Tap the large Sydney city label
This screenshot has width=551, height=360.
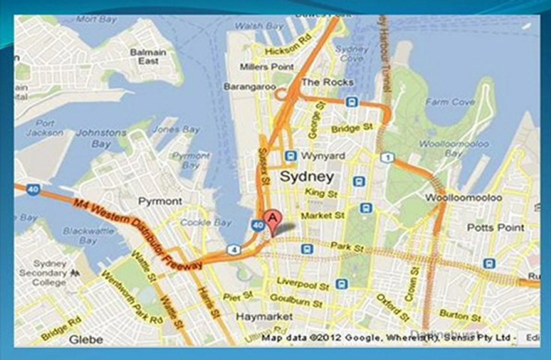[306, 176]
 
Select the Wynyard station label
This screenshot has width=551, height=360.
[322, 156]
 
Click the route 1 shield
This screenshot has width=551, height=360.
[386, 158]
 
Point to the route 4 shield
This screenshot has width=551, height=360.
[233, 249]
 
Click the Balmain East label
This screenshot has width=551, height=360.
[148, 56]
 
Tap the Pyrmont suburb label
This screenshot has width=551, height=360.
[160, 201]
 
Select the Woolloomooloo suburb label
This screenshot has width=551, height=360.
[463, 197]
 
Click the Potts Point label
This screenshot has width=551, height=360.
[495, 227]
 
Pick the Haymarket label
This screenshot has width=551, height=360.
[264, 316]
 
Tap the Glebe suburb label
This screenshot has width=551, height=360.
[85, 339]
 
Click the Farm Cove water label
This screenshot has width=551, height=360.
[450, 102]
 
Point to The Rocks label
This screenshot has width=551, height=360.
[327, 82]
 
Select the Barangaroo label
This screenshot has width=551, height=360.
[249, 86]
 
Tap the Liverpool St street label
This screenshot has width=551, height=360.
[303, 284]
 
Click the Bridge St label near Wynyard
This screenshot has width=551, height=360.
[352, 128]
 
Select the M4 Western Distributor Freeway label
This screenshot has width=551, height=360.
[137, 233]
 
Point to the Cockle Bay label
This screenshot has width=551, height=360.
[206, 222]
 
